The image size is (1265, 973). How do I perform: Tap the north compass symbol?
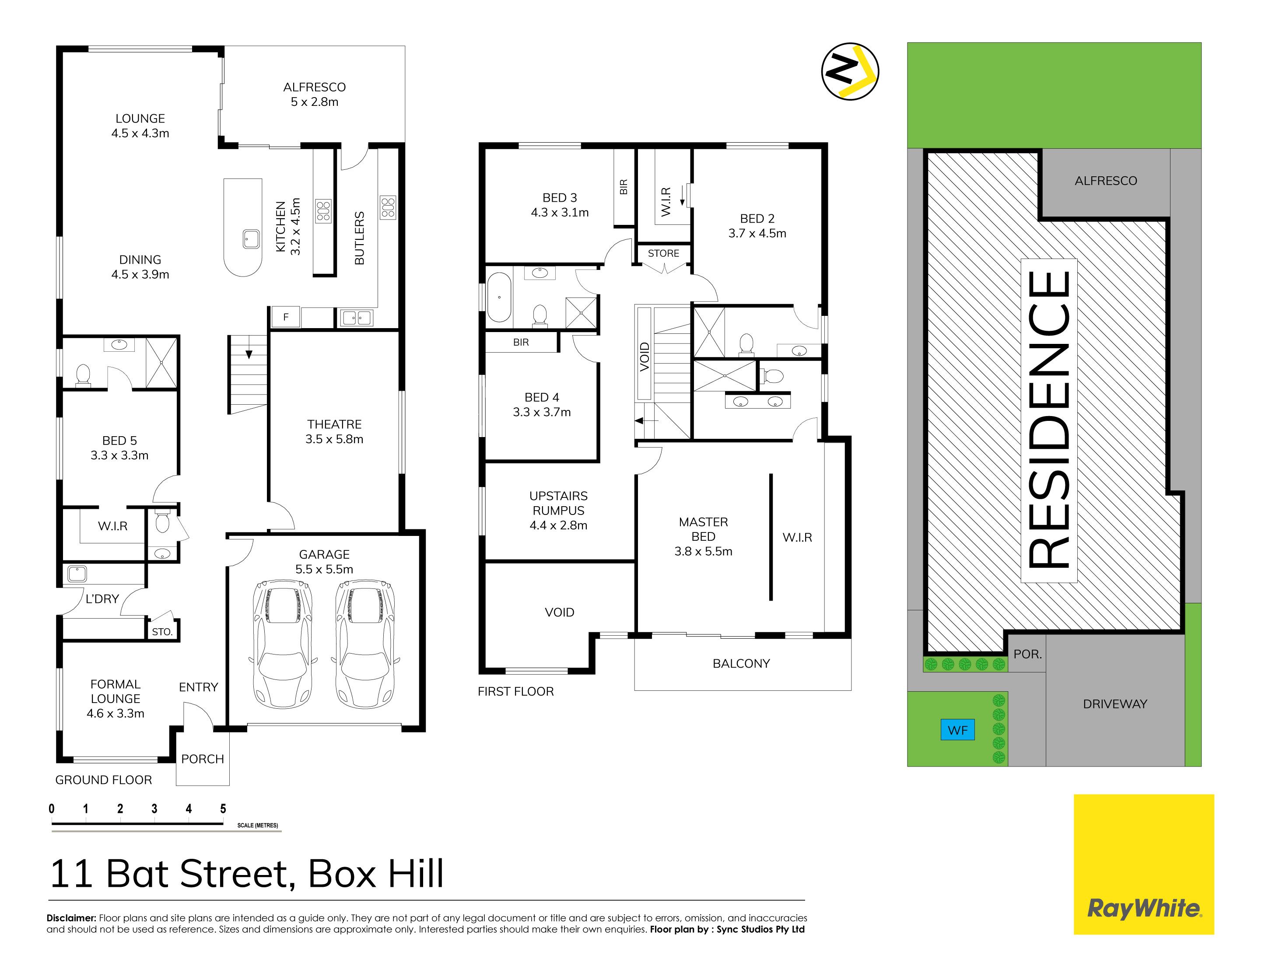click(x=850, y=71)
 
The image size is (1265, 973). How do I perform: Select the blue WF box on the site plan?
click(x=957, y=730)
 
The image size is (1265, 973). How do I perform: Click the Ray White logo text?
click(x=1143, y=908)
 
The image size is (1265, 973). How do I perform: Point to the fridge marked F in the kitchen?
click(x=286, y=317)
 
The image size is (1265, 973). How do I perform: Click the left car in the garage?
click(x=283, y=644)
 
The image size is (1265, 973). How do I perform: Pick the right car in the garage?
click(x=365, y=644)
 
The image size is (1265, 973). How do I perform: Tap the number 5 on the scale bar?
click(x=223, y=808)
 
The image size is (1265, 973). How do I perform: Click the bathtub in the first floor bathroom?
click(x=499, y=297)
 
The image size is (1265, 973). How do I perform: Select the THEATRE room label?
click(x=334, y=431)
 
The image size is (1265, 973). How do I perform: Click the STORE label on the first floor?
click(x=663, y=253)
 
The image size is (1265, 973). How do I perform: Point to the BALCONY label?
click(x=741, y=663)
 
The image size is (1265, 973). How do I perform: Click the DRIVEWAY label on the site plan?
click(x=1115, y=703)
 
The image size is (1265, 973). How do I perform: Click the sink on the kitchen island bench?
click(x=251, y=238)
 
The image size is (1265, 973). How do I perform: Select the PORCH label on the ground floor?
click(x=202, y=759)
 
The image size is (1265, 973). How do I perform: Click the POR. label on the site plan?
click(x=1027, y=654)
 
